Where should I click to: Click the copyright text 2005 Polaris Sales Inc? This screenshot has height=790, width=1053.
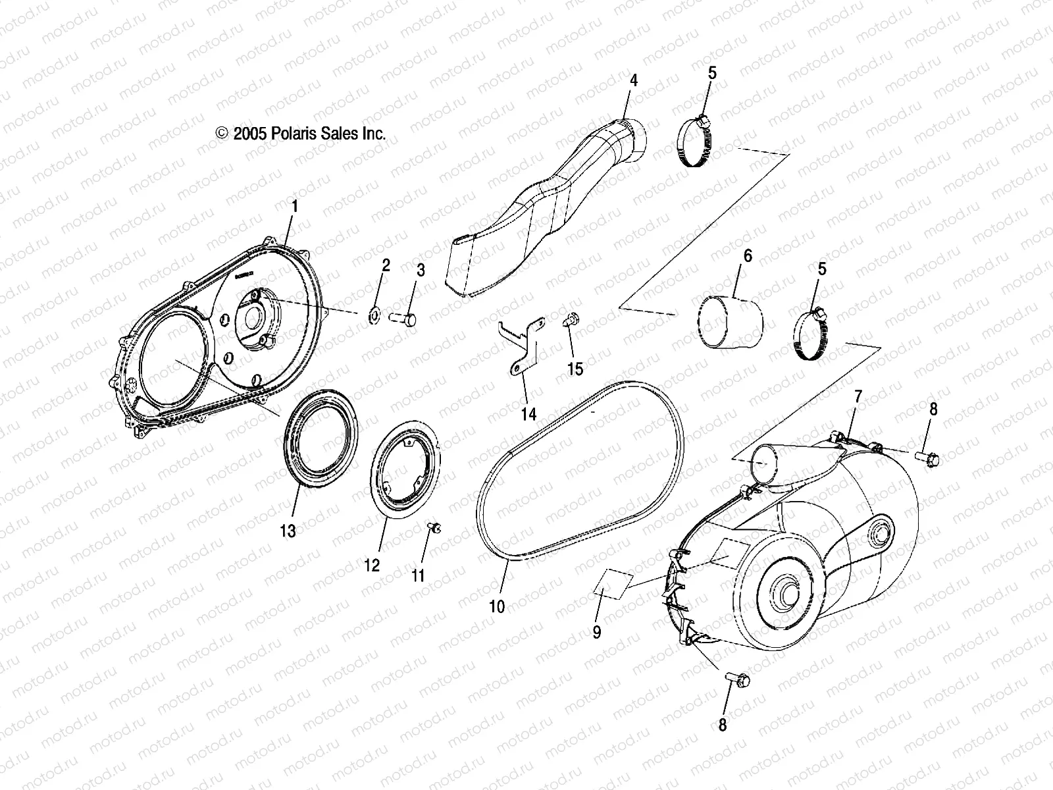pyautogui.click(x=301, y=134)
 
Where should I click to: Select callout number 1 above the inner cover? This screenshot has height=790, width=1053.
pyautogui.click(x=295, y=207)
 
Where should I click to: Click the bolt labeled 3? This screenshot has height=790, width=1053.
pyautogui.click(x=403, y=319)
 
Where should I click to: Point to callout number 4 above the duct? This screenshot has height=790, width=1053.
pyautogui.click(x=633, y=81)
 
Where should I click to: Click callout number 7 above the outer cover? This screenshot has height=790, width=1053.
pyautogui.click(x=858, y=396)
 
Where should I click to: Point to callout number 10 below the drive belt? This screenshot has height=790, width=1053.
pyautogui.click(x=498, y=606)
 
